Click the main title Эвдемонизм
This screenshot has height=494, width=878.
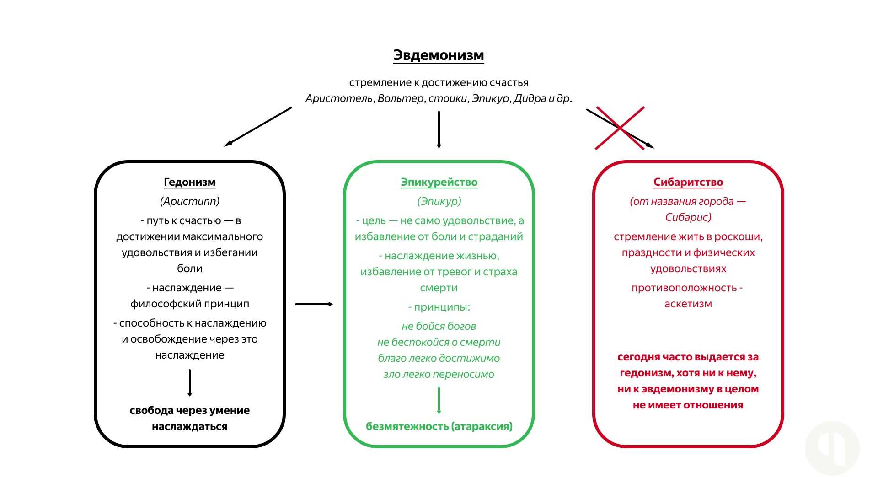[439, 55]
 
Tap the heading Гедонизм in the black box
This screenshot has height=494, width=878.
[189, 182]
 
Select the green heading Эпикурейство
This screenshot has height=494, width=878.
[439, 182]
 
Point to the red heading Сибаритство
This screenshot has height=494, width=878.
[688, 182]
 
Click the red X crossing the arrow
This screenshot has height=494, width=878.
[620, 128]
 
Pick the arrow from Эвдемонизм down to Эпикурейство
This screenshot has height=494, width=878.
[439, 129]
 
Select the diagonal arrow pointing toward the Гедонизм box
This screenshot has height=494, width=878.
[257, 127]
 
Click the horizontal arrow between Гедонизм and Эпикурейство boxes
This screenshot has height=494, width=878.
[314, 304]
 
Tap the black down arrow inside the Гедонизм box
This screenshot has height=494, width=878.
[189, 382]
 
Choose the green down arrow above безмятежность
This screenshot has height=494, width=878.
[439, 400]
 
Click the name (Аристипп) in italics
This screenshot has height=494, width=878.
[190, 201]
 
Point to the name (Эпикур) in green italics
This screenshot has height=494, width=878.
[439, 201]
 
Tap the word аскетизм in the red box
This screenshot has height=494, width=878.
[688, 304]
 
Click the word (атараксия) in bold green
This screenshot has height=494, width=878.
[482, 426]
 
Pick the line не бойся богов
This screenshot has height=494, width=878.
[439, 326]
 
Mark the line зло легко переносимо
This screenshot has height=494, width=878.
[439, 374]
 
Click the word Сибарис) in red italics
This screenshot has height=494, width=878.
[688, 217]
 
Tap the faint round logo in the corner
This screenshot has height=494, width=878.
[832, 448]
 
